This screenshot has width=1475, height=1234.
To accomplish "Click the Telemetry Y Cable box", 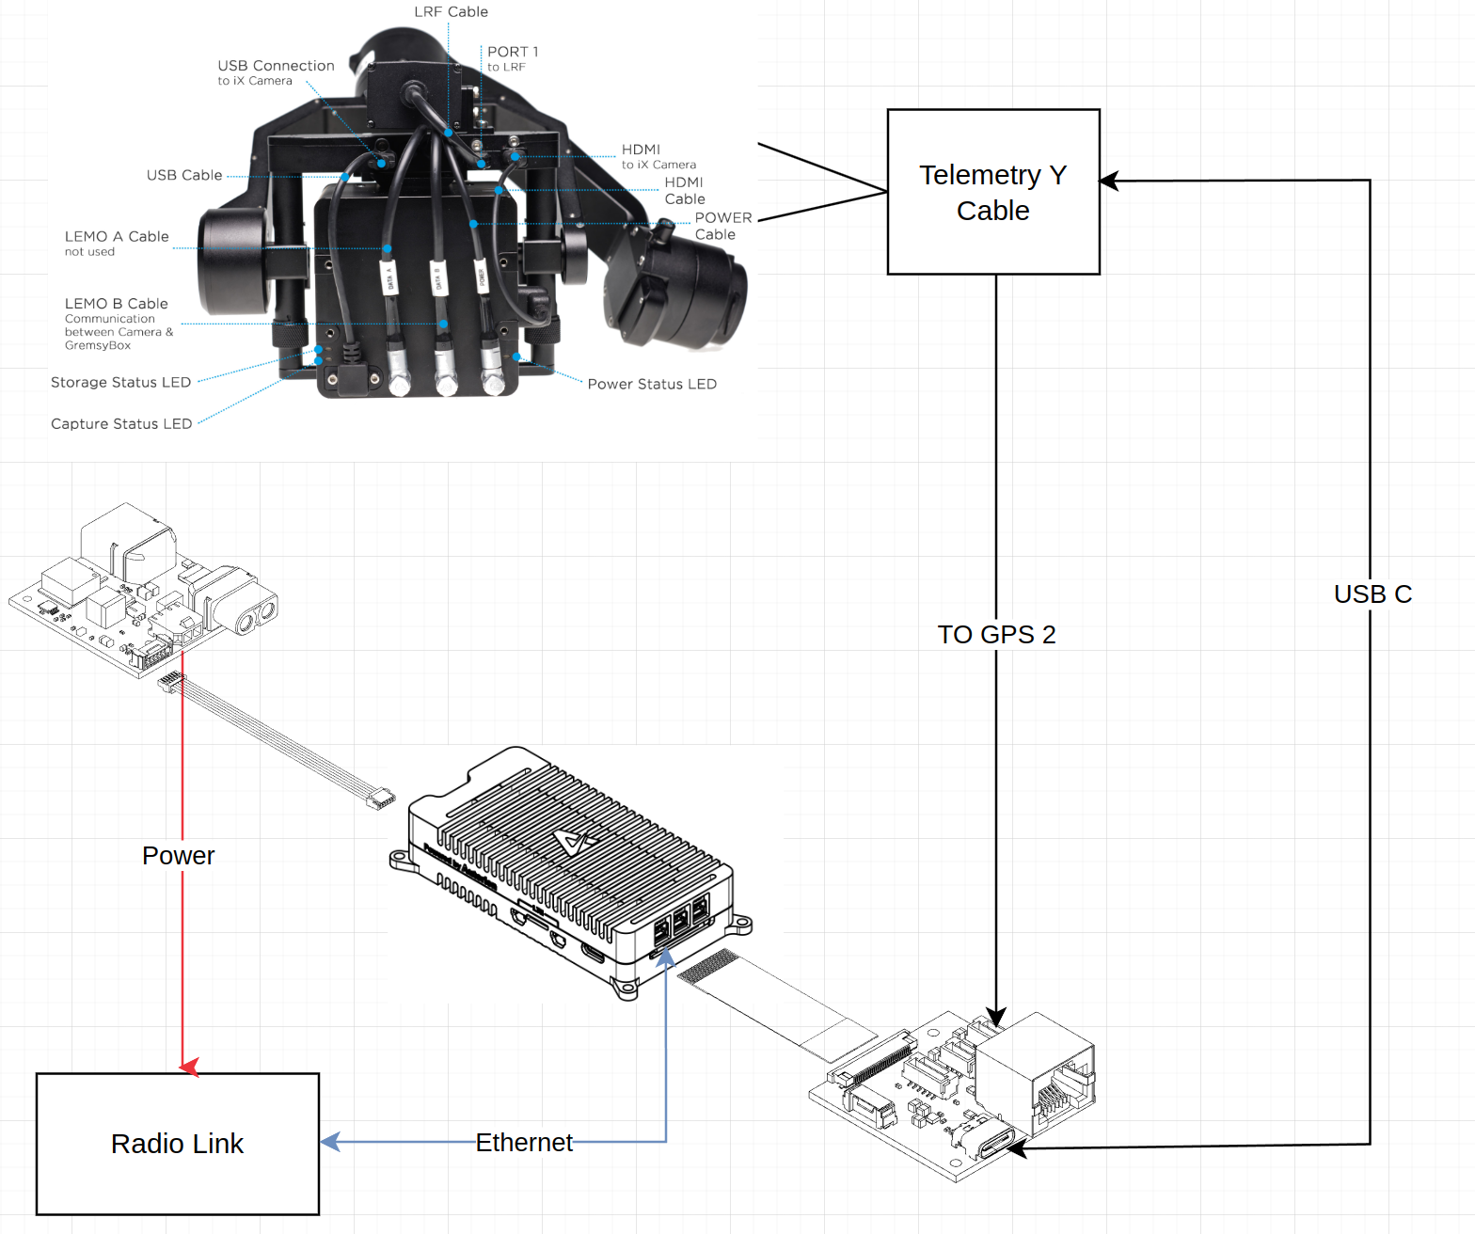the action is coord(993,192).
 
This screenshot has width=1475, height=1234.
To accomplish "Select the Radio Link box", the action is coord(177,1144).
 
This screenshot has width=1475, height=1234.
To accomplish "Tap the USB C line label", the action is coord(1372,594).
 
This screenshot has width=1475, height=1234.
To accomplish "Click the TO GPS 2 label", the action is coord(996,634).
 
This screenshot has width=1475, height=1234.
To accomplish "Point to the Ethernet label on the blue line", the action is coord(523,1142).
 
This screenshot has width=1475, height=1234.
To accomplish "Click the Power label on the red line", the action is coord(178,855).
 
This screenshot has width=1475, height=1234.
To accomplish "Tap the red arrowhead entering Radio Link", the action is coord(189,1066).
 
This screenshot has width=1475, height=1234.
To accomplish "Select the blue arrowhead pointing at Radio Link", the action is coord(330,1142).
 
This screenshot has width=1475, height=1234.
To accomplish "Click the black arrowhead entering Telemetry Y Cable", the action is coord(1109,181).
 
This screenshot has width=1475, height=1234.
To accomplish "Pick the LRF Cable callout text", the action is coord(451,11).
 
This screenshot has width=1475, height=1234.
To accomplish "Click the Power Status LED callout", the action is coord(652,384).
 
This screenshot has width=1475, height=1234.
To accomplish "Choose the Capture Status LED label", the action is coord(121,424).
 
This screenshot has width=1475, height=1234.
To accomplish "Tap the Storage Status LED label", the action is coord(120,382).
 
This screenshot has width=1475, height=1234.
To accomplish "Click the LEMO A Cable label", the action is coord(117,237).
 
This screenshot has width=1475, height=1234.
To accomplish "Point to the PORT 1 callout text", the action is coord(513,52).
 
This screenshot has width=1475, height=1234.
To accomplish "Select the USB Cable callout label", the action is coord(184,175).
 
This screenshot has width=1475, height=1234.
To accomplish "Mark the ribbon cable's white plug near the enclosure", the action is coord(381,799).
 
